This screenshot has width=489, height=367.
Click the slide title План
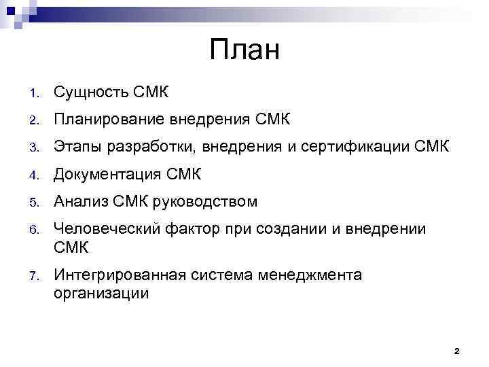coord(244,50)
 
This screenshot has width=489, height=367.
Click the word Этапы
coord(77,148)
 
